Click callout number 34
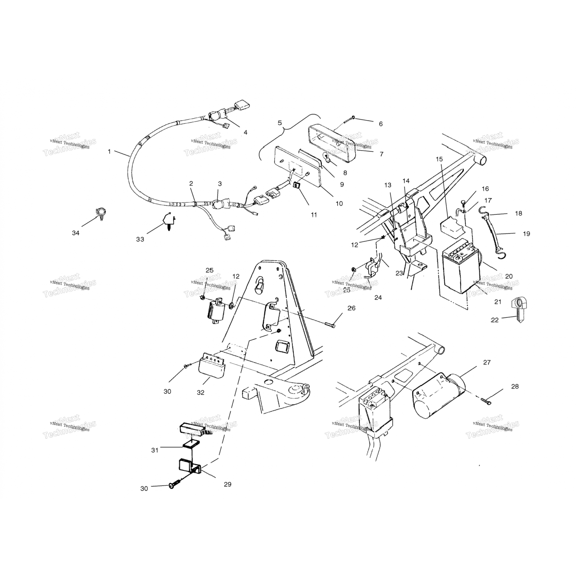76,233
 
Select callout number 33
140,239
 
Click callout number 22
495,319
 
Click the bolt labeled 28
486,401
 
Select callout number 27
487,362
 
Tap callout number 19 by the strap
526,233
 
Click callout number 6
381,124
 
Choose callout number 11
314,215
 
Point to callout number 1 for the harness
109,152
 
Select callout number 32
200,392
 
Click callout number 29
227,484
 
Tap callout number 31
154,450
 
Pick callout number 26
351,308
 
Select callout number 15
439,159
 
